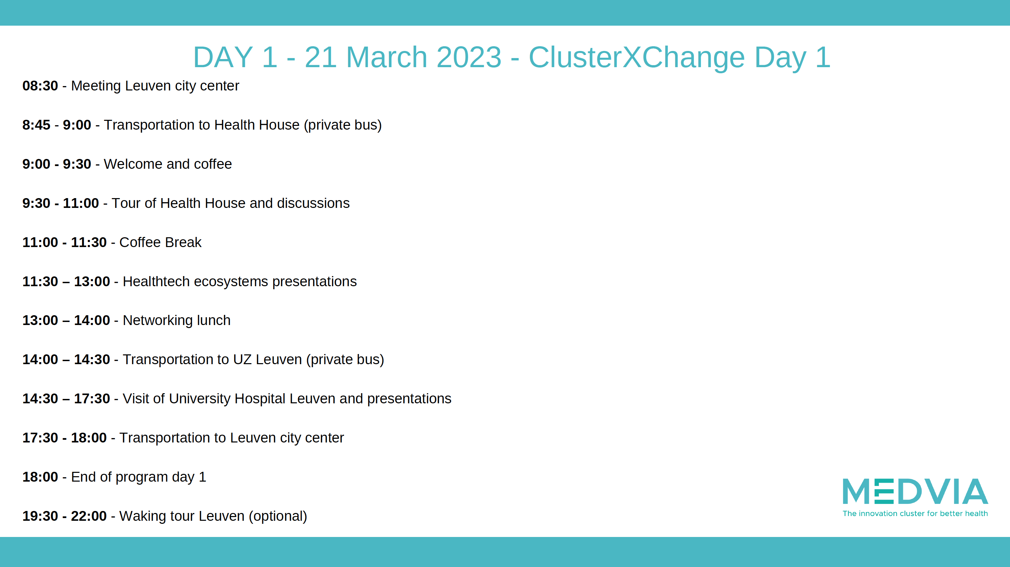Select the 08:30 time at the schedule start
pos(40,85)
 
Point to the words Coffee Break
pos(160,242)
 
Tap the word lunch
pos(214,320)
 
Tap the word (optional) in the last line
pos(278,516)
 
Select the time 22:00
pos(89,516)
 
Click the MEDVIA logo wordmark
pos(915,491)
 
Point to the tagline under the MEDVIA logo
pos(915,513)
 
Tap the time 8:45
pos(36,125)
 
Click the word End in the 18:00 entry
pos(83,477)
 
